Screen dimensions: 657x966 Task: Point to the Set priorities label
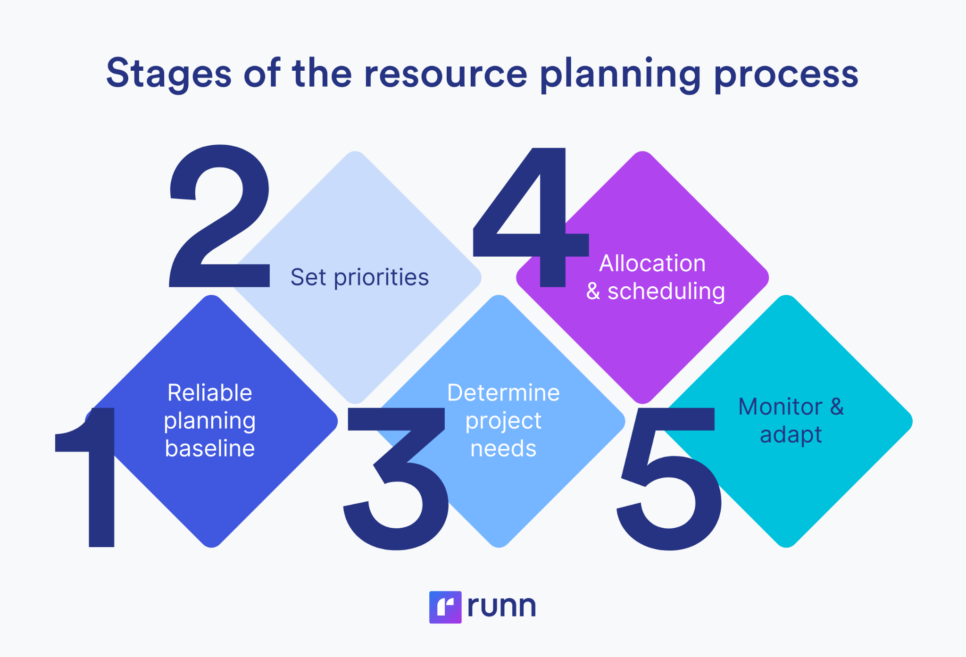pos(359,277)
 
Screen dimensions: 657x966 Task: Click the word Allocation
pos(652,263)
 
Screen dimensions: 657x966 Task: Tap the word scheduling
pos(666,291)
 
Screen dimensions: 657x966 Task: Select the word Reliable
pos(210,392)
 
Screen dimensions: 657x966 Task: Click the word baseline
pos(210,448)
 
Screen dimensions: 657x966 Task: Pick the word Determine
pos(503,392)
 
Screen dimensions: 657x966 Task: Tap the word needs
pos(503,448)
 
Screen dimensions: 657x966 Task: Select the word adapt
pos(791,435)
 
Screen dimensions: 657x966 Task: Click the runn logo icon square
pos(445,607)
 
